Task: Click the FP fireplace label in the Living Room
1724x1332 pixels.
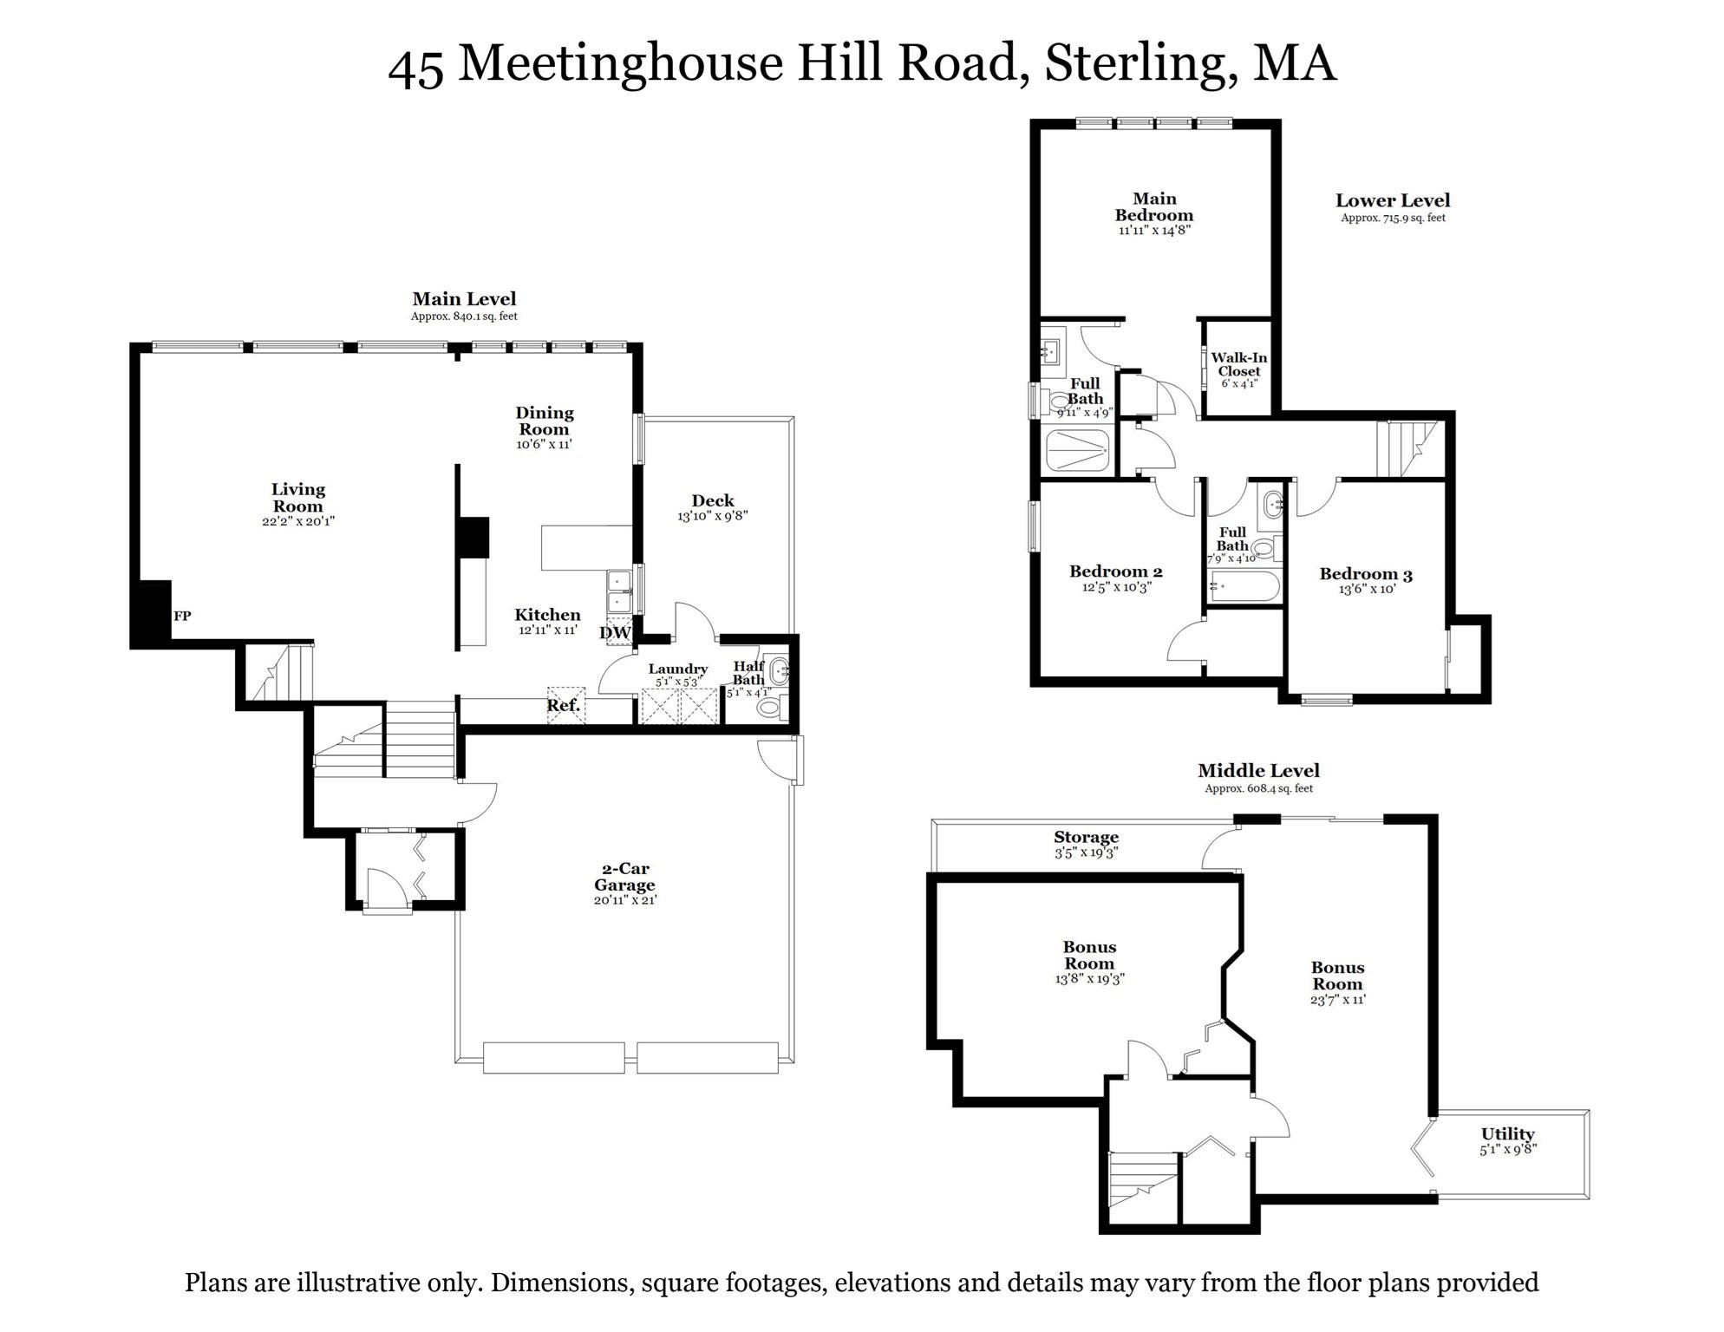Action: click(182, 617)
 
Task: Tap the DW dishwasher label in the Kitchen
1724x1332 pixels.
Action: click(615, 633)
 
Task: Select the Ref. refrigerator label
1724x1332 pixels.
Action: click(564, 706)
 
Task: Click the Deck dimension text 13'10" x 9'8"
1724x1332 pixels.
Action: click(713, 516)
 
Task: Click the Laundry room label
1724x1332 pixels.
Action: click(677, 669)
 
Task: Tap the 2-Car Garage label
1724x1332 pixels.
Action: click(624, 877)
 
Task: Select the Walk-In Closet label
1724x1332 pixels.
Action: click(1238, 364)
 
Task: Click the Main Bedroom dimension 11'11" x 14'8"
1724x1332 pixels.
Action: click(1154, 231)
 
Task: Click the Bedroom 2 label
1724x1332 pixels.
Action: click(1115, 571)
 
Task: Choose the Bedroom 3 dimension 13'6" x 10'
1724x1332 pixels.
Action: click(1366, 590)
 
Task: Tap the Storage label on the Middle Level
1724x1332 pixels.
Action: click(1086, 838)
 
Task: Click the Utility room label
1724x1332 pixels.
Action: click(1507, 1134)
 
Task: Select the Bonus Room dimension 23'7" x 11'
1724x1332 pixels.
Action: click(1337, 1000)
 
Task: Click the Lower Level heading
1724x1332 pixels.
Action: click(1392, 200)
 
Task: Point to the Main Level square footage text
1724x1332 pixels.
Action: click(464, 317)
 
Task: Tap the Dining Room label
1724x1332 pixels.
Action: click(545, 421)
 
